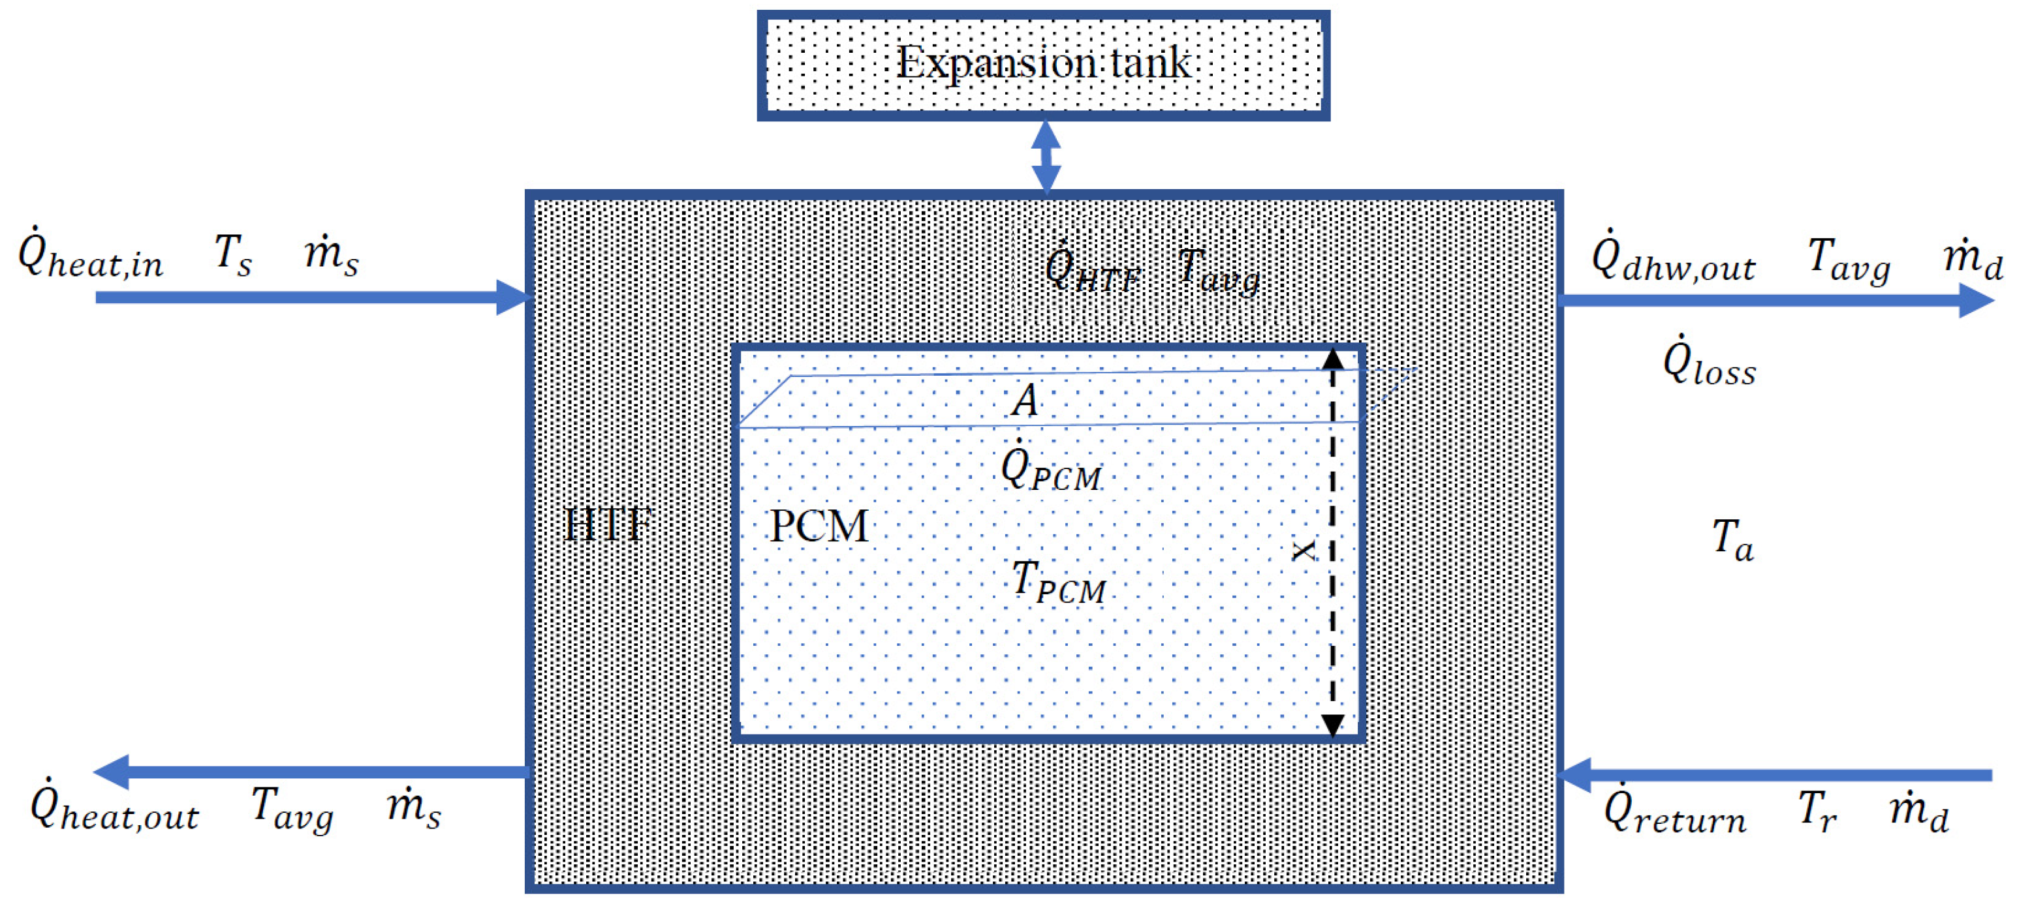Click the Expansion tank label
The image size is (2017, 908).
pos(1043,63)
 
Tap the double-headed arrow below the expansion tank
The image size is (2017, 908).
pos(1046,157)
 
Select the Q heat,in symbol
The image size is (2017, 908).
pos(89,254)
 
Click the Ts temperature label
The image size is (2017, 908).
pos(233,255)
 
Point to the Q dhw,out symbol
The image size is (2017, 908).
pos(1672,258)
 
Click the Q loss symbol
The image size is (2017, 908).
pos(1708,361)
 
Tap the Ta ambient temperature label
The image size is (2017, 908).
pos(1732,540)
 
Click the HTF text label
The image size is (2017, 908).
pos(608,524)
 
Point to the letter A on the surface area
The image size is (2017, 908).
pos(1024,400)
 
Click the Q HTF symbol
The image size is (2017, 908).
pos(1091,270)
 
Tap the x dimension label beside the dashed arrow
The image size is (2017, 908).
pos(1303,551)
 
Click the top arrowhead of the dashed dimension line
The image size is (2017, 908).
pos(1333,360)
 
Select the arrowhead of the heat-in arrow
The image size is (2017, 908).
pos(513,297)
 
